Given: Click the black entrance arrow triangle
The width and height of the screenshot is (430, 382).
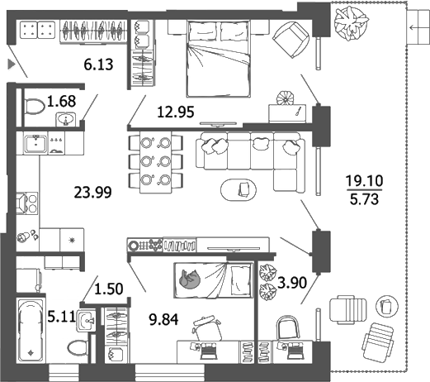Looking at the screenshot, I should (x=11, y=63).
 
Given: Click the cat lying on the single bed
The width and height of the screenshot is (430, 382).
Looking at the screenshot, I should (x=190, y=279).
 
